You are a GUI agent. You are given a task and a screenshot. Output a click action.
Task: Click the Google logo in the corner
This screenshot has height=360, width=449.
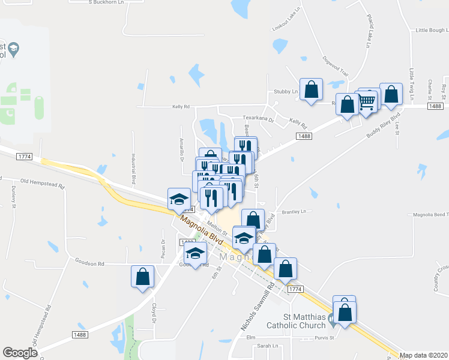20,353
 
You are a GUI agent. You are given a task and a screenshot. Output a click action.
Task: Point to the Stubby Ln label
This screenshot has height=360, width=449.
286,92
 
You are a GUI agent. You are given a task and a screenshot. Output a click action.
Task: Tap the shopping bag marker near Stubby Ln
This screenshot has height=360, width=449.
312,91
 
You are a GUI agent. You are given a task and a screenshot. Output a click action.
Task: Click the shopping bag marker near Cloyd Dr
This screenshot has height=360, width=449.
143,277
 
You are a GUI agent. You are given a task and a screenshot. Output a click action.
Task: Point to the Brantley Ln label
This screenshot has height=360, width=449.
294,212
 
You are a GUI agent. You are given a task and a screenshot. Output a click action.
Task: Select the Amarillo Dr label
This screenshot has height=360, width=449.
181,149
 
